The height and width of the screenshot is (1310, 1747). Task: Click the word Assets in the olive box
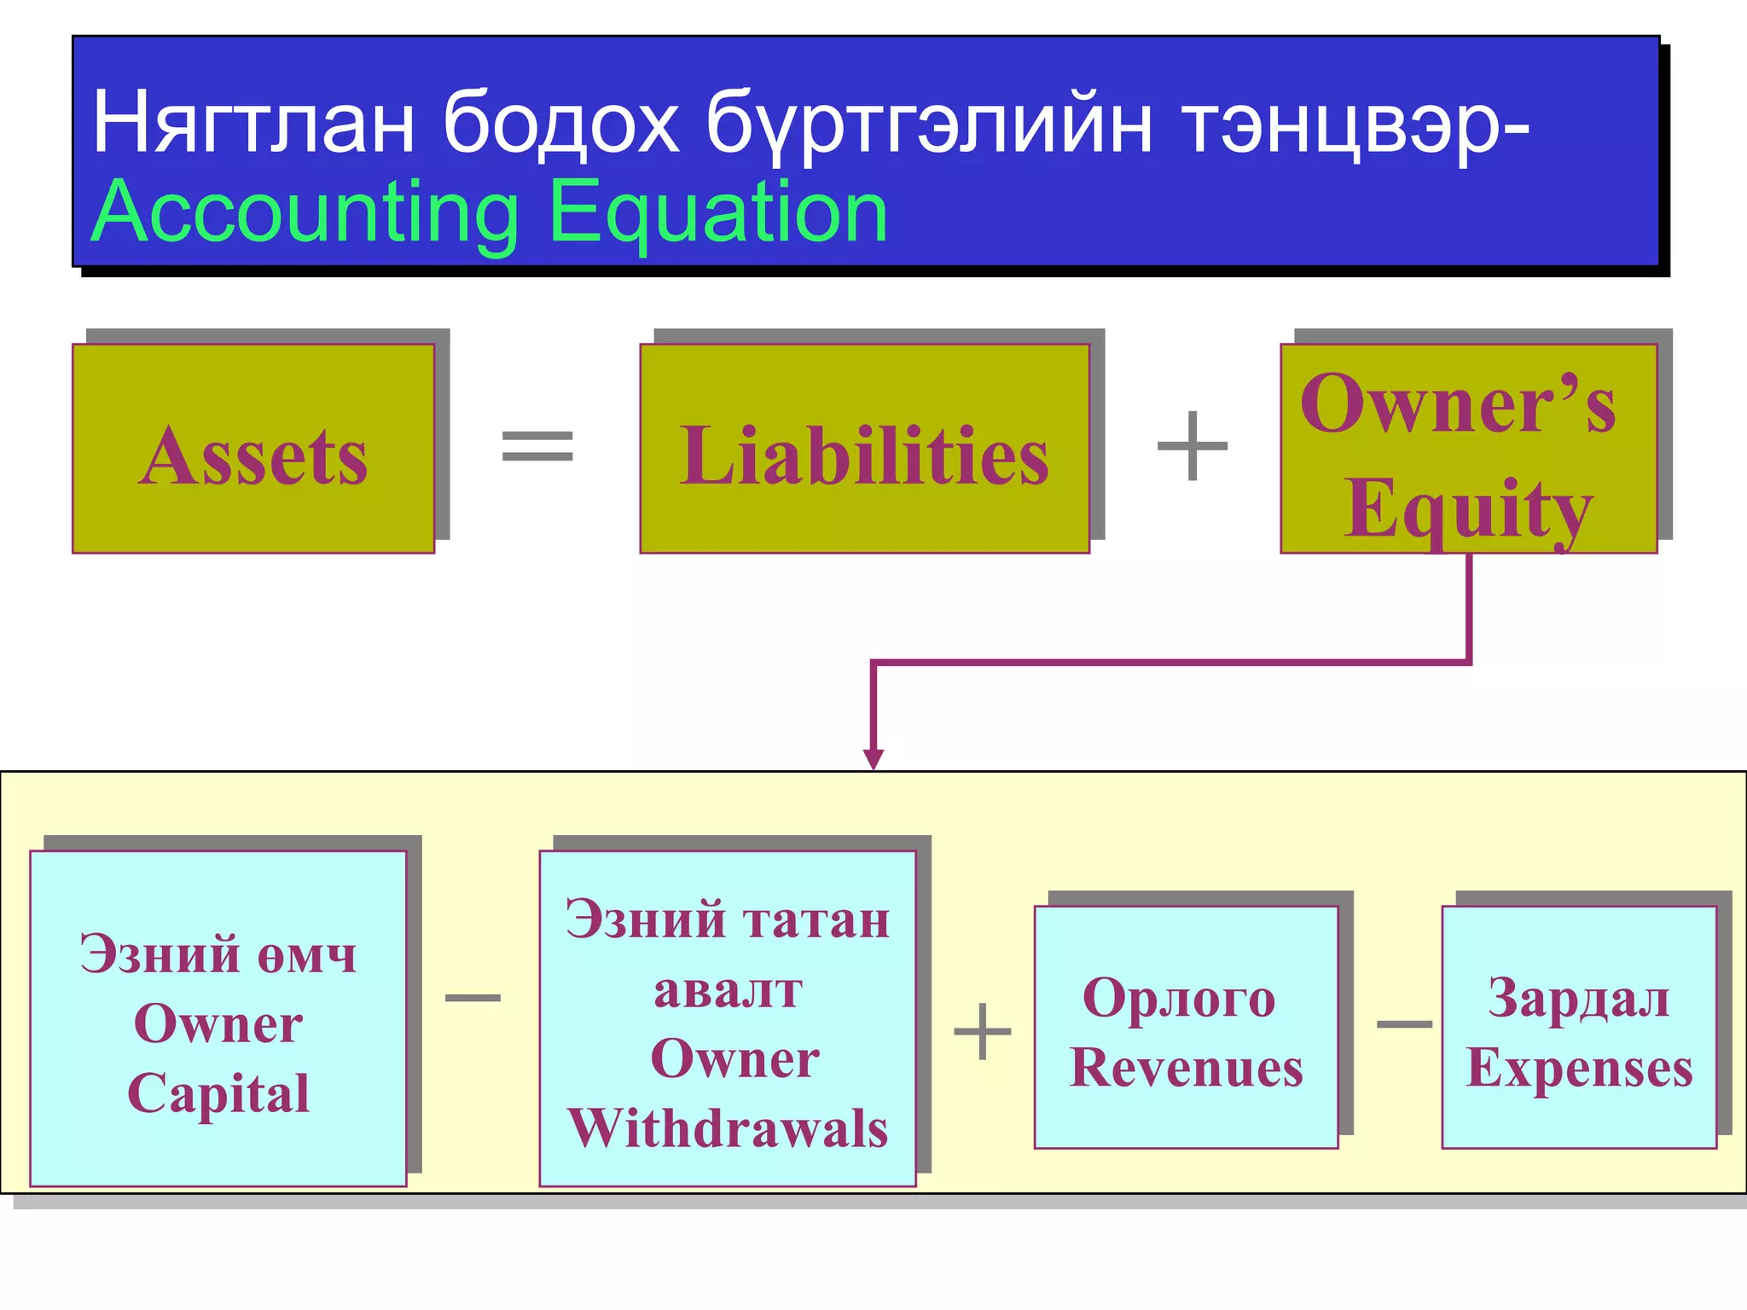(x=253, y=457)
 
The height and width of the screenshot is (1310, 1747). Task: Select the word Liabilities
(x=864, y=457)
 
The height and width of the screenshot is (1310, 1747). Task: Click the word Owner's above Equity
(x=1458, y=404)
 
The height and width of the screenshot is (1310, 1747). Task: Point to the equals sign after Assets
(x=537, y=445)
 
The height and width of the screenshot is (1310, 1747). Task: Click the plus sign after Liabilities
(x=1192, y=445)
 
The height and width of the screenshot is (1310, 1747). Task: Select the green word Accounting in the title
(x=305, y=213)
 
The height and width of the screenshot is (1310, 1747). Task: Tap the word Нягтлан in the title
(x=253, y=124)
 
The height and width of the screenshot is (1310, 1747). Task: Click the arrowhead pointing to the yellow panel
(x=873, y=758)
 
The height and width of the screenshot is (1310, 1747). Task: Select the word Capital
(x=218, y=1093)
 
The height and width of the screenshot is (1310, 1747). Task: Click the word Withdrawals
(x=728, y=1128)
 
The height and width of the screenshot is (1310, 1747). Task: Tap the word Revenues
(x=1187, y=1068)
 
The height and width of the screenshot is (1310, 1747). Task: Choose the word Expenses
(x=1579, y=1068)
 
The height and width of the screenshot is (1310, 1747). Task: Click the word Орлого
(x=1179, y=998)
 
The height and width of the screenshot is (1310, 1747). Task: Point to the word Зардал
(x=1579, y=998)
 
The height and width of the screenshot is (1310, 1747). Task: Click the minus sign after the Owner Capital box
(x=473, y=997)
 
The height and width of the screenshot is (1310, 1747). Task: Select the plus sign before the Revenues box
(x=983, y=1031)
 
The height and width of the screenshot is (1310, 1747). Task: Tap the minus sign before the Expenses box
(x=1404, y=1023)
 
